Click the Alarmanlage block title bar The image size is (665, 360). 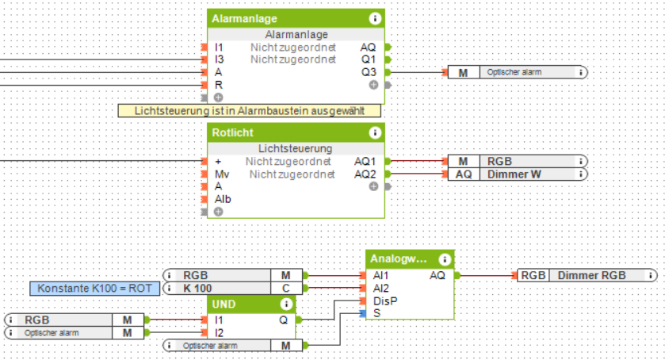(285, 18)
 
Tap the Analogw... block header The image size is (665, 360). (400, 259)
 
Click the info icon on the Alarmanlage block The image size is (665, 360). (374, 18)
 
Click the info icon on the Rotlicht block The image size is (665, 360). (374, 132)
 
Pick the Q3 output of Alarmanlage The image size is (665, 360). (369, 71)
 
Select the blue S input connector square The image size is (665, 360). (363, 314)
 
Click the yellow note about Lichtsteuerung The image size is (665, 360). (249, 111)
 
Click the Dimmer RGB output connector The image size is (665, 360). (587, 275)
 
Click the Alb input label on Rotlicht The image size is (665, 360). (223, 199)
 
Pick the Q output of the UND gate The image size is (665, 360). (284, 320)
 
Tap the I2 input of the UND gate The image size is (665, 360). (220, 332)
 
